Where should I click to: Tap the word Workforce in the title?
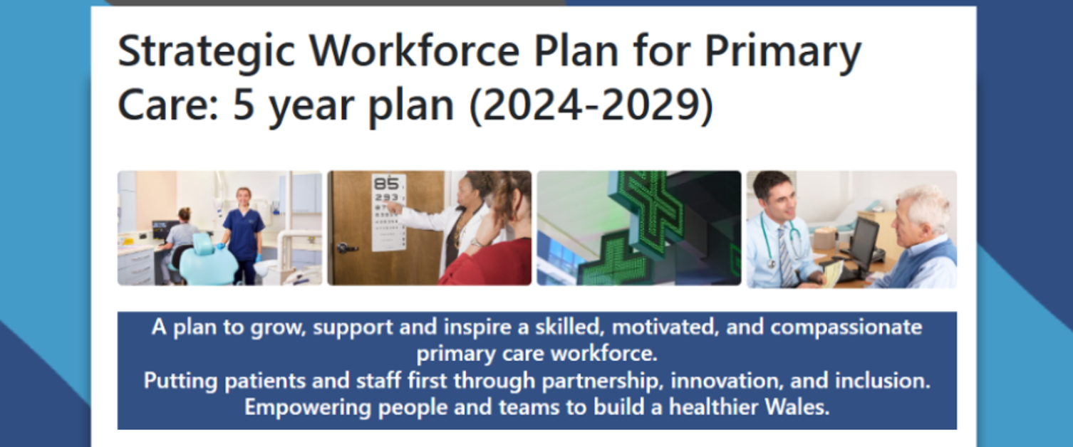(x=415, y=51)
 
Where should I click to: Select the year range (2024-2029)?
(x=591, y=105)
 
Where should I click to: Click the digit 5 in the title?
(x=244, y=105)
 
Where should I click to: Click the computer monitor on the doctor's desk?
(x=863, y=243)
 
